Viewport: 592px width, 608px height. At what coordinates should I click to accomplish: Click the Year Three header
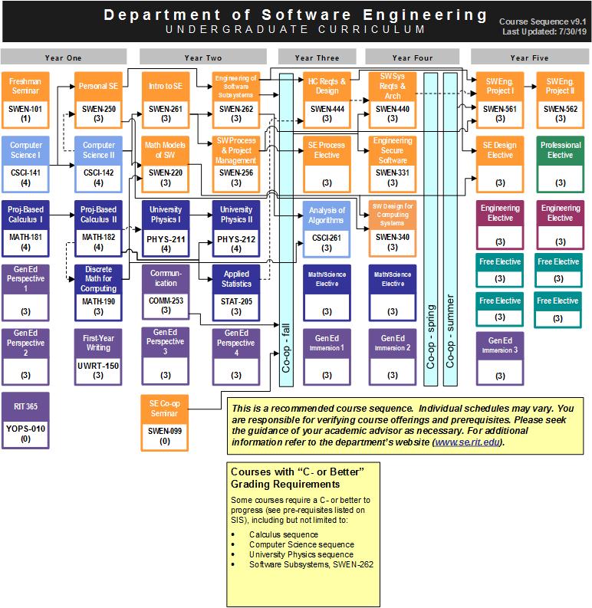316,58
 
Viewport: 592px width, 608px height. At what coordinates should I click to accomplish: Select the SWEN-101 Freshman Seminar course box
25,100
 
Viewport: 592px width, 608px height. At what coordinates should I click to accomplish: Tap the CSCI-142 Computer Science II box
99,163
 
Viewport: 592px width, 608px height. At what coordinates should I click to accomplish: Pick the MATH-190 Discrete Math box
99,291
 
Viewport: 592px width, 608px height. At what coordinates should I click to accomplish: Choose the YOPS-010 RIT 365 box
25,419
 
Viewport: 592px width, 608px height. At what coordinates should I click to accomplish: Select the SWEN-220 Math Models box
166,163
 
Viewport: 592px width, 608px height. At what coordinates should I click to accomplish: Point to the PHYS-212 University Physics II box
236,228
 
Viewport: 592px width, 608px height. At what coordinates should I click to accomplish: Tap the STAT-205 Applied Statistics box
236,291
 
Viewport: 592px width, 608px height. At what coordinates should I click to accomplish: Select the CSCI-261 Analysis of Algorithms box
327,228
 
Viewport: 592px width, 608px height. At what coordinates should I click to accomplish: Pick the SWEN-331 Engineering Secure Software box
393,163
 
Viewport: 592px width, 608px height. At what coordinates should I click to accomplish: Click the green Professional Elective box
561,163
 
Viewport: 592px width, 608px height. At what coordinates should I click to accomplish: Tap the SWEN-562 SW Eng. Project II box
561,100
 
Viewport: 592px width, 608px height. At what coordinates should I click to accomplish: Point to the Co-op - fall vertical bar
287,230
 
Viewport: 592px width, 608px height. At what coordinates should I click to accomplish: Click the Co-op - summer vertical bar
449,230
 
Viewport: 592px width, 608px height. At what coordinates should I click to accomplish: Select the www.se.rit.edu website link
468,442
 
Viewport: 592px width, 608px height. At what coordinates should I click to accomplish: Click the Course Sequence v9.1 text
542,22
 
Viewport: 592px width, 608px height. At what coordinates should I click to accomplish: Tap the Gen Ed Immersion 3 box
500,357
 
